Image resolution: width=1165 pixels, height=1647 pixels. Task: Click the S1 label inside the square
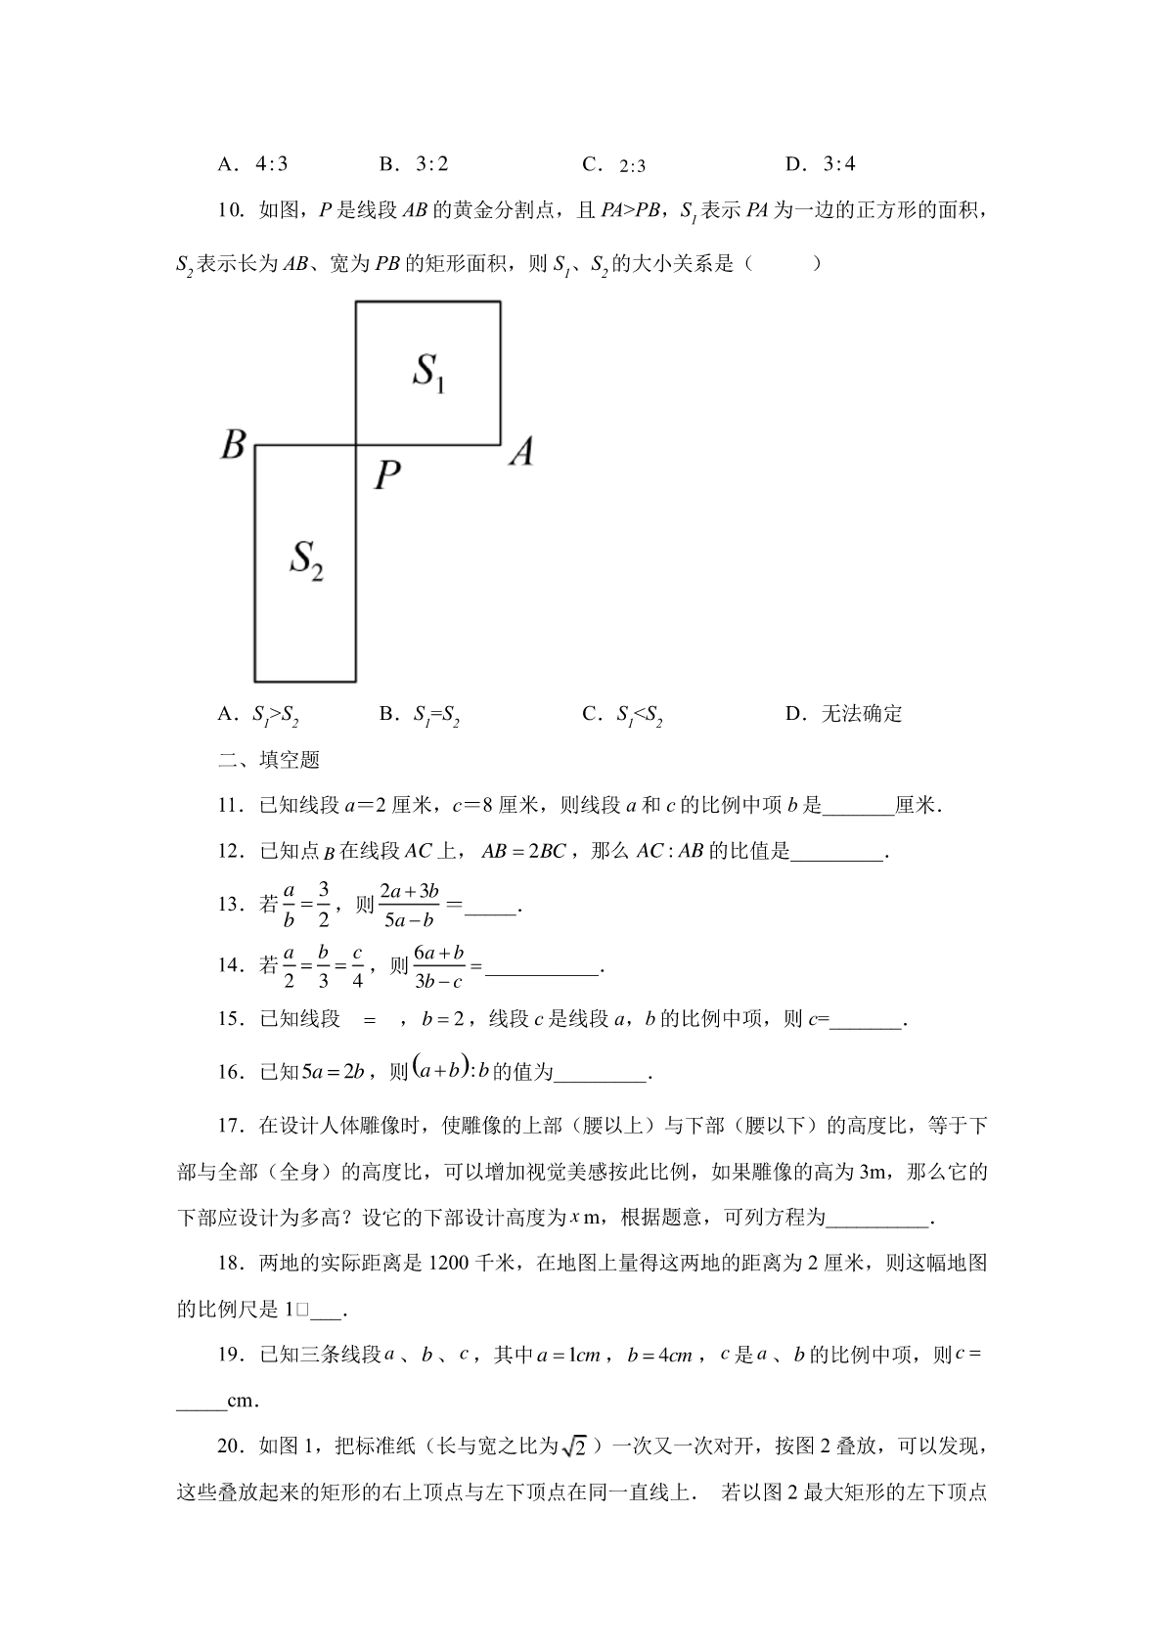[428, 373]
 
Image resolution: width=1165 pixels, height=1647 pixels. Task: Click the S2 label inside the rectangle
[306, 560]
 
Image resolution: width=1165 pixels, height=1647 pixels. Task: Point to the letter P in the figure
[387, 475]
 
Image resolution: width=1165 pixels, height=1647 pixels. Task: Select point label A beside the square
[521, 452]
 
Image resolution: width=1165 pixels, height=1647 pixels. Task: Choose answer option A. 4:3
[252, 164]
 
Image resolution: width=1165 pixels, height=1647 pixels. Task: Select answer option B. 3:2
[414, 164]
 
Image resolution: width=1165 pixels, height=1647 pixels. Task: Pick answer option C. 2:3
[614, 164]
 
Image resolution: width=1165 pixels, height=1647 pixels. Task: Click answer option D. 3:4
[821, 164]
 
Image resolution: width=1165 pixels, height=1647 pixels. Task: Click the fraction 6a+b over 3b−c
[439, 966]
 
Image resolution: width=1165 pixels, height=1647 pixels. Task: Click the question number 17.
[230, 1126]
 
